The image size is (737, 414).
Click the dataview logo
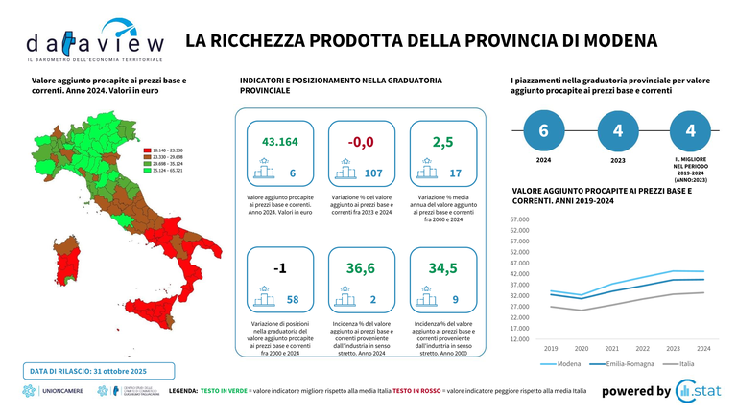click(x=94, y=39)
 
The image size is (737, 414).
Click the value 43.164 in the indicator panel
click(x=279, y=142)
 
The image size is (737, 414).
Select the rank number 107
click(x=373, y=173)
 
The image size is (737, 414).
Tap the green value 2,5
click(x=441, y=142)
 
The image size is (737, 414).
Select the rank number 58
click(x=293, y=300)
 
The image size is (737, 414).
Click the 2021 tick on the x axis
click(x=612, y=348)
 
